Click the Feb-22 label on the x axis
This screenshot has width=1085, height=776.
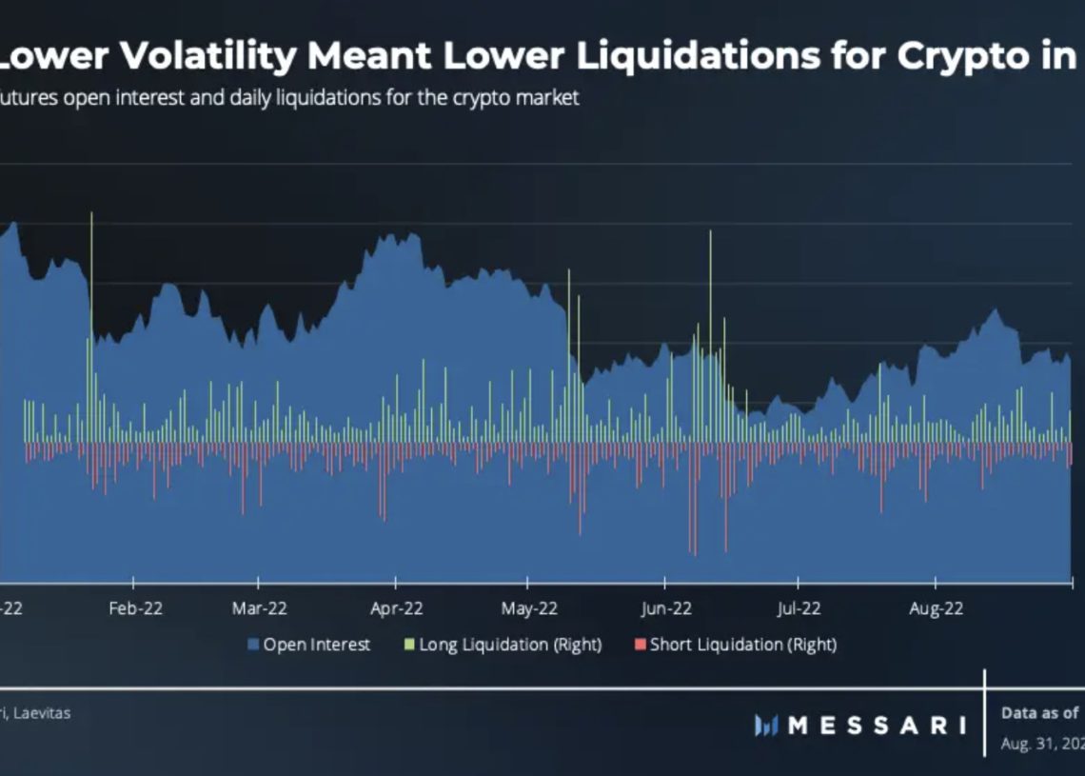(x=136, y=608)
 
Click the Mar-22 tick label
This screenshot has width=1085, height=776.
(x=260, y=608)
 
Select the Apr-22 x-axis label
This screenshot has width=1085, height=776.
(x=397, y=608)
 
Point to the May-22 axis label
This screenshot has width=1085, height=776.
(x=529, y=608)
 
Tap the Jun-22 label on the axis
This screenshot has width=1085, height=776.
(x=666, y=608)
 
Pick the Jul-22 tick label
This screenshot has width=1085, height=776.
(x=799, y=608)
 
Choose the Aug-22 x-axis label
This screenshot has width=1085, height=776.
(x=935, y=608)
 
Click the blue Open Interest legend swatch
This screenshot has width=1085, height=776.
(x=253, y=646)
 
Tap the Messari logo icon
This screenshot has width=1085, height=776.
(x=766, y=726)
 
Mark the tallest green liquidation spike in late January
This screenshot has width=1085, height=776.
(x=91, y=219)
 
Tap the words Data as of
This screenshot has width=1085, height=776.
(x=1039, y=713)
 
